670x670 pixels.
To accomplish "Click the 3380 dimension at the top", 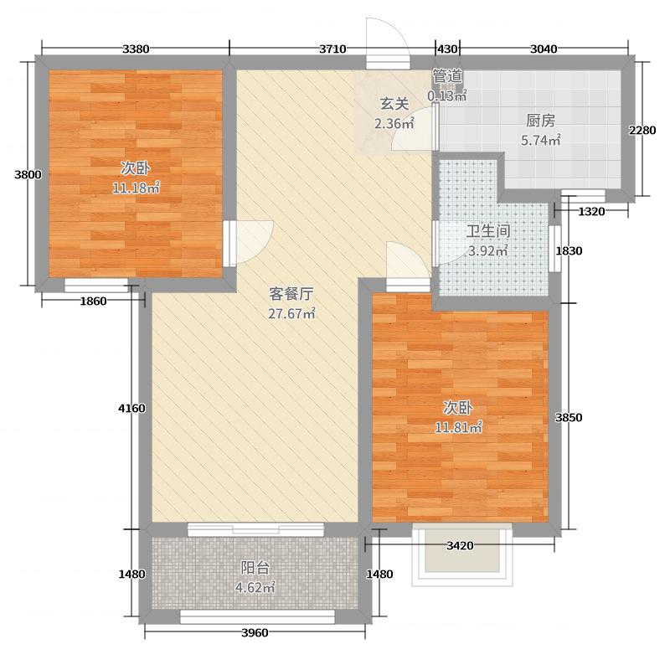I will pos(136,49).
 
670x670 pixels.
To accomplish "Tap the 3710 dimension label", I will pos(332,49).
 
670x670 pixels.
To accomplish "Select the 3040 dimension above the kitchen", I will pos(544,49).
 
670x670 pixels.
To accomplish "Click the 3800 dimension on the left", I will pos(27,175).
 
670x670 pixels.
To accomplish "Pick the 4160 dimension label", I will pos(132,408).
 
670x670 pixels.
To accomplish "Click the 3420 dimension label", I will pos(460,545).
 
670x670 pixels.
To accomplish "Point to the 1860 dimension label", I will pos(94,301).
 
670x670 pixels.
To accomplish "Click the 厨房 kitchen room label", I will pos(540,121).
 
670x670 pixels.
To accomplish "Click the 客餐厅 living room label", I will pos(291,294).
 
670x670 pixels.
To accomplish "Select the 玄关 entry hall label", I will pos(394,105).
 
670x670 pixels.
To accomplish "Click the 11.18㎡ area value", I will pos(136,188).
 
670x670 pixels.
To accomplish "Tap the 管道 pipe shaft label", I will pos(447,76).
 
